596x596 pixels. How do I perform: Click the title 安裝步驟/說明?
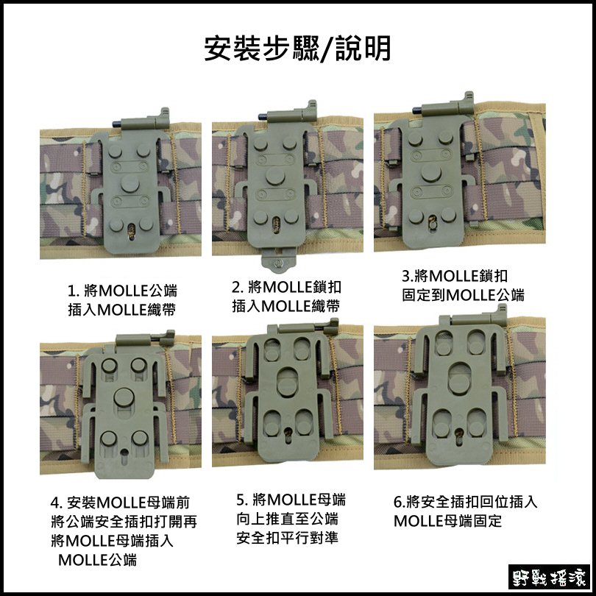tap(297, 49)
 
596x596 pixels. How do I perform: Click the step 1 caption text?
tap(122, 298)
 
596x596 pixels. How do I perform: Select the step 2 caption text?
tap(286, 296)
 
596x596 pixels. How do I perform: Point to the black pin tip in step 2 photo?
tap(263, 116)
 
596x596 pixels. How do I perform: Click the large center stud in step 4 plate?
tap(122, 398)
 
